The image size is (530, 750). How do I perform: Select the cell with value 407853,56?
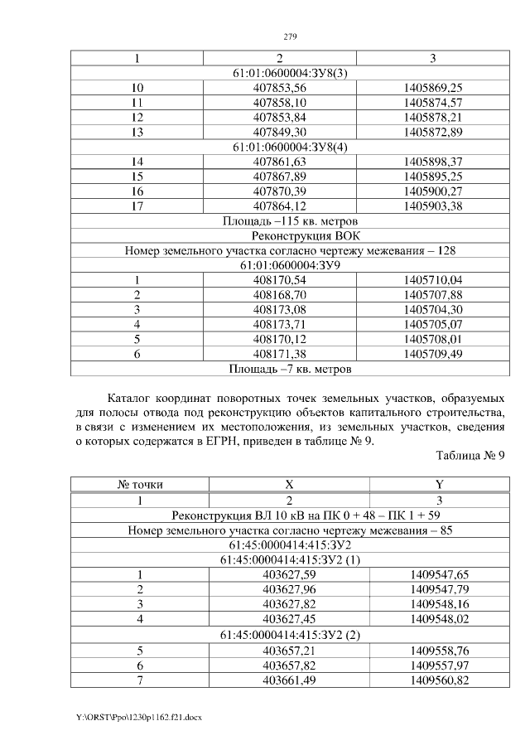279,88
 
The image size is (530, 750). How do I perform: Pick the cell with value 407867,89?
279,177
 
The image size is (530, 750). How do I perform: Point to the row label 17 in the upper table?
138,206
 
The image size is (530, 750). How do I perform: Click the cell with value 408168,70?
279,294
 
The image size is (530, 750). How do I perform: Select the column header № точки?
138,485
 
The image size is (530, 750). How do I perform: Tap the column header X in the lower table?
289,485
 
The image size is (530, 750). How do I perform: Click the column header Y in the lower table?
440,485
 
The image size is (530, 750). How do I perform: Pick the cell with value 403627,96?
289,589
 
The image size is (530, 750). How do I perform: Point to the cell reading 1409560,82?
440,680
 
